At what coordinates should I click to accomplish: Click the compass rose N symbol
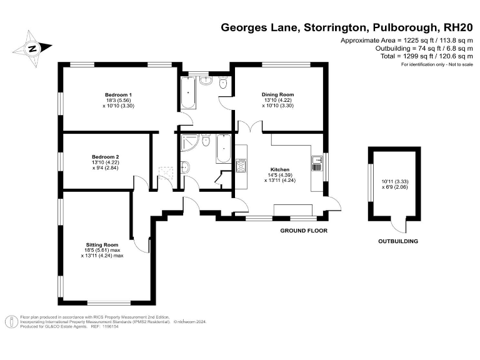33,47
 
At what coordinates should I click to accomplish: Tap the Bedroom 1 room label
118,95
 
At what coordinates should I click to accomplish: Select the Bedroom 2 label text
105,157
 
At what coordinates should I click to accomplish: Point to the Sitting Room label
102,244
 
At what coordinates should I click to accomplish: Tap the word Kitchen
279,169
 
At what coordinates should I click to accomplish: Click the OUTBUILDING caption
397,241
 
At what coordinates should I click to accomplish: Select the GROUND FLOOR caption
303,231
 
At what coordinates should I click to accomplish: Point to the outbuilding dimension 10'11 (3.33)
393,182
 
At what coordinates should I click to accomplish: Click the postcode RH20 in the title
457,27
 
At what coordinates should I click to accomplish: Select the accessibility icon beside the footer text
11,322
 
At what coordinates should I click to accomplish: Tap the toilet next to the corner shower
186,167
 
